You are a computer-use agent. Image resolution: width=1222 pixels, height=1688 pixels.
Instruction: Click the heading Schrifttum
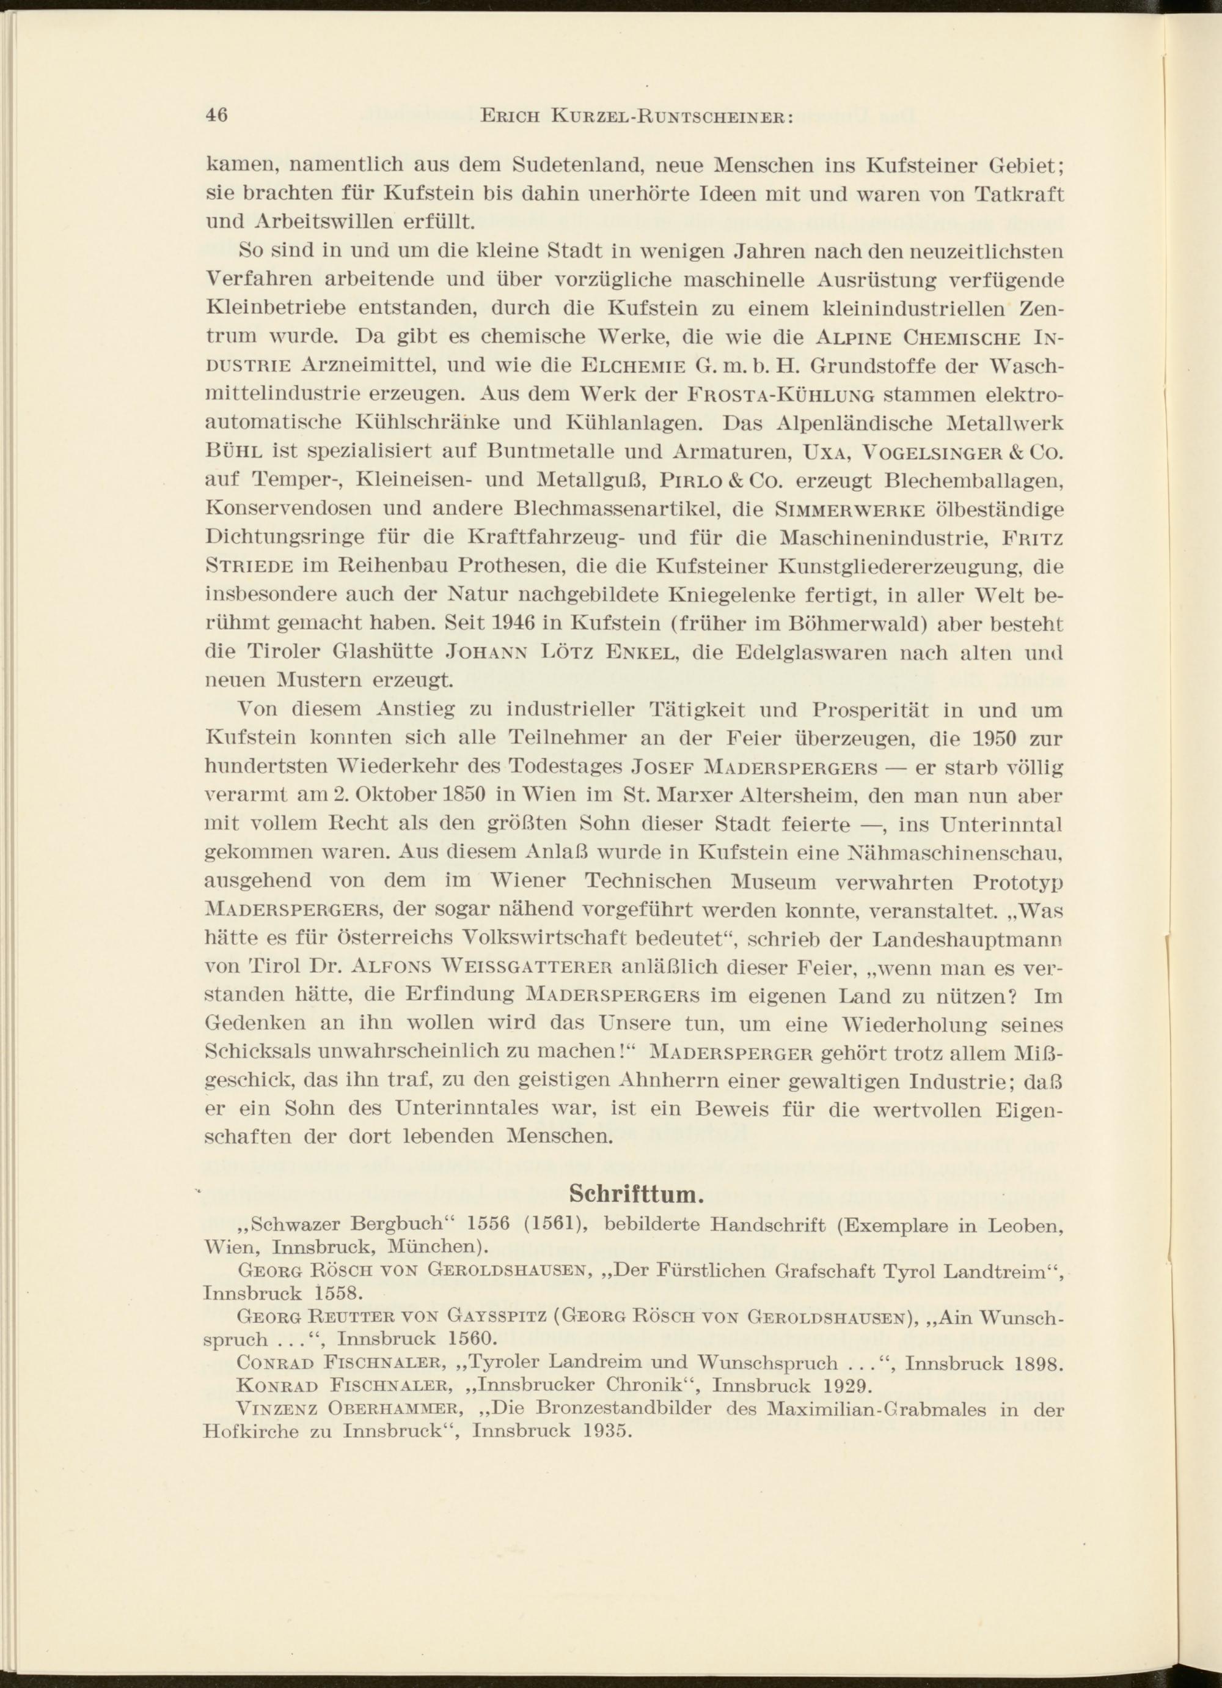tap(636, 1194)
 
